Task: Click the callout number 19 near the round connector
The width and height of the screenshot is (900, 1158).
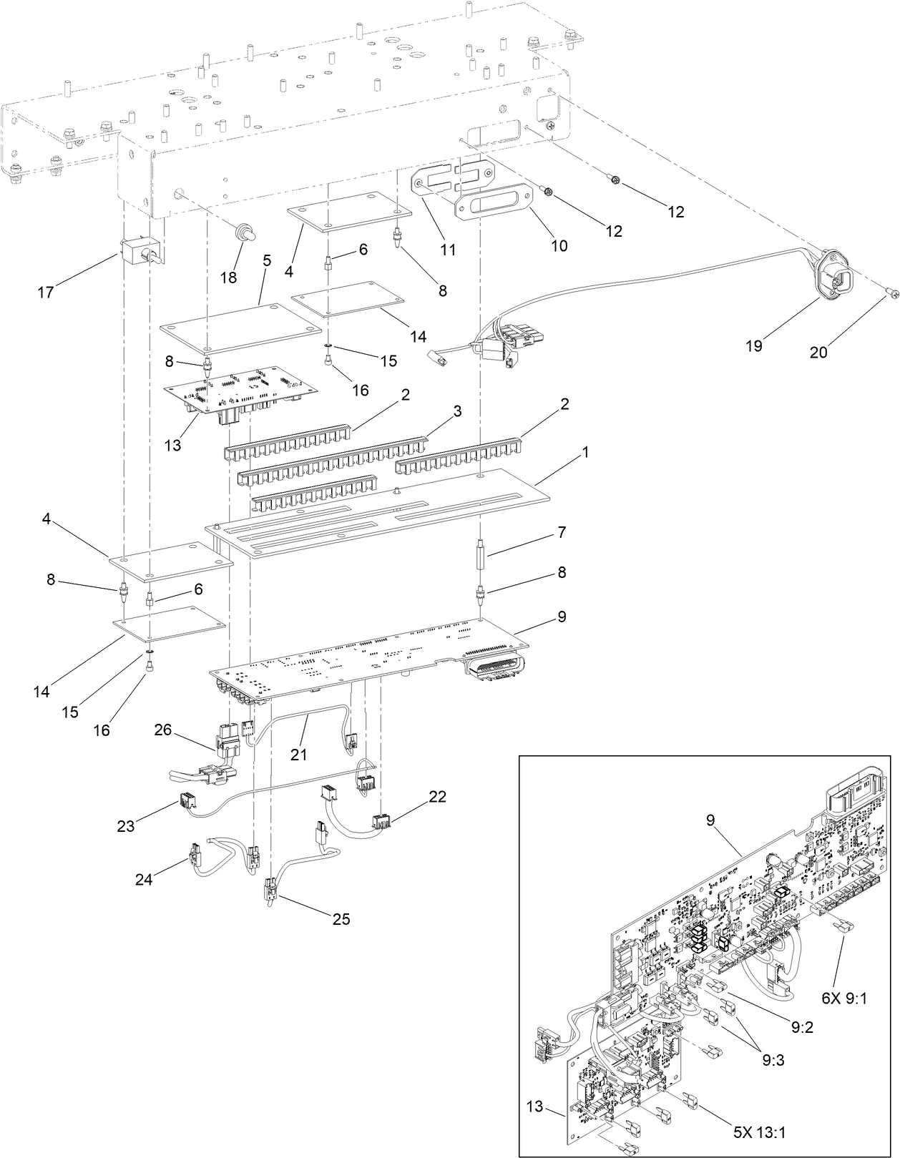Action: pyautogui.click(x=753, y=346)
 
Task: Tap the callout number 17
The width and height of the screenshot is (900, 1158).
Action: pyautogui.click(x=46, y=293)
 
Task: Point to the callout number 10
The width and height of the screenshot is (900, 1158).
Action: pyautogui.click(x=559, y=245)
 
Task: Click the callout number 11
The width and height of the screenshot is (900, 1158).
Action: pyautogui.click(x=448, y=250)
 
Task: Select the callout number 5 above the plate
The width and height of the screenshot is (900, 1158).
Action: pyautogui.click(x=266, y=260)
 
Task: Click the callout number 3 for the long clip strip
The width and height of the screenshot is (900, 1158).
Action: pyautogui.click(x=457, y=412)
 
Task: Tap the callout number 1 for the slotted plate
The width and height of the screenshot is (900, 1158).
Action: pyautogui.click(x=585, y=452)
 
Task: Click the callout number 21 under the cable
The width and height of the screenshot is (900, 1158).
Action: pyautogui.click(x=298, y=754)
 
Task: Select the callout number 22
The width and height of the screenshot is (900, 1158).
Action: pyautogui.click(x=438, y=795)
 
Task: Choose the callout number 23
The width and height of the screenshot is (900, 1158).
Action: pyautogui.click(x=126, y=826)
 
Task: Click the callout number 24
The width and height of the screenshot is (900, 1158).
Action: pyautogui.click(x=145, y=880)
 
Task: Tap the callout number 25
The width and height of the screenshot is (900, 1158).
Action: pyautogui.click(x=341, y=919)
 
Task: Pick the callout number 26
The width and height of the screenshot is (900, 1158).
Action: pyautogui.click(x=163, y=730)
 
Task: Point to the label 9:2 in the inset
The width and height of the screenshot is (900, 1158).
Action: pyautogui.click(x=803, y=1027)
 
